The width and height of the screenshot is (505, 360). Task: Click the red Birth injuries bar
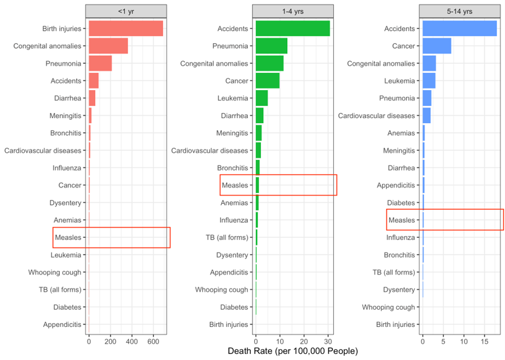[x=125, y=29]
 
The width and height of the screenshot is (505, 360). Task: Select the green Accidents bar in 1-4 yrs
[x=292, y=29]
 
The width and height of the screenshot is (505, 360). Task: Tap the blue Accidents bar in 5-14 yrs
[x=459, y=29]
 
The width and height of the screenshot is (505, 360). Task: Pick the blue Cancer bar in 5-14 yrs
[x=437, y=46]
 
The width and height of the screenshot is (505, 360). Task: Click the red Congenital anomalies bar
[x=108, y=46]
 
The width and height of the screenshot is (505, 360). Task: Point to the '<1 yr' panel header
[x=126, y=11]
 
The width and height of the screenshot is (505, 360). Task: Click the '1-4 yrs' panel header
[x=293, y=11]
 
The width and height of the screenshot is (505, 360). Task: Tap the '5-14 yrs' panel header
[x=460, y=11]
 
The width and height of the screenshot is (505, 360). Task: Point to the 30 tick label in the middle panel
[x=328, y=340]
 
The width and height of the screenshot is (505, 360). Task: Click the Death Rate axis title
[x=293, y=352]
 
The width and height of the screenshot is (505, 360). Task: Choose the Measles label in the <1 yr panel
[x=68, y=237]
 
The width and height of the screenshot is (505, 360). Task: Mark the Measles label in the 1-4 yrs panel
[x=235, y=185]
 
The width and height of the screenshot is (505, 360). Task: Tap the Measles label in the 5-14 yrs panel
[x=402, y=220]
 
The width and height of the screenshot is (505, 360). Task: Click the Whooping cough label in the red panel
[x=55, y=272]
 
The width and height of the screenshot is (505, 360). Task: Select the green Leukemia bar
[x=261, y=98]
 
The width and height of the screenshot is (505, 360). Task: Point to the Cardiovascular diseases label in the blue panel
[x=377, y=115]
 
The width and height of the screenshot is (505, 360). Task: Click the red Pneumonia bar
[x=100, y=63]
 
